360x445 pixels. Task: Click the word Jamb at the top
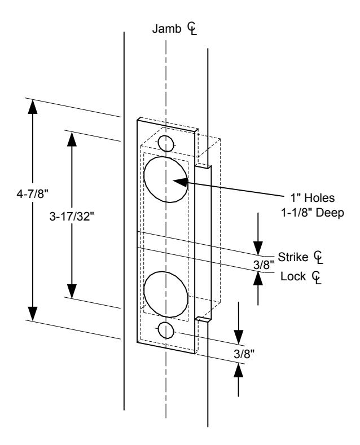click(x=166, y=29)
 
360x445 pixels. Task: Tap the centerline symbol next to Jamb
click(x=192, y=29)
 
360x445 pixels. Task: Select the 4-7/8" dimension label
click(x=33, y=195)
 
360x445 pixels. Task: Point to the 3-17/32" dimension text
click(x=72, y=217)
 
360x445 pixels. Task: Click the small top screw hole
click(x=166, y=143)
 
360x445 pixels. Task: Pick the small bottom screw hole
click(x=166, y=330)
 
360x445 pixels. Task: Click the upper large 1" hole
click(x=166, y=179)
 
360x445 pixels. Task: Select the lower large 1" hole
click(x=166, y=294)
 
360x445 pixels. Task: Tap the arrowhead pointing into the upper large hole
click(x=181, y=182)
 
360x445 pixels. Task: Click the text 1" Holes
click(x=312, y=198)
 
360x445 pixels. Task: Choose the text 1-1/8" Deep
click(x=313, y=213)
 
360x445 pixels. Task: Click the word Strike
click(x=293, y=257)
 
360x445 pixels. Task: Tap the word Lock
click(x=293, y=276)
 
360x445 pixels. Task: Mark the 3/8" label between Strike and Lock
click(x=264, y=265)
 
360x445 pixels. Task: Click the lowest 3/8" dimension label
click(x=244, y=354)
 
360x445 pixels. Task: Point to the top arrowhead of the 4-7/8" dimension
click(x=33, y=107)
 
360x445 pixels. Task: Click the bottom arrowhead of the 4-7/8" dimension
click(x=33, y=314)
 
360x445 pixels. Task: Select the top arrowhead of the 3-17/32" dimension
click(x=72, y=139)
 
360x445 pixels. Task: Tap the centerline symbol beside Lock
click(x=317, y=277)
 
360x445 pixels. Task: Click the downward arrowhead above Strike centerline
click(x=258, y=248)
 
